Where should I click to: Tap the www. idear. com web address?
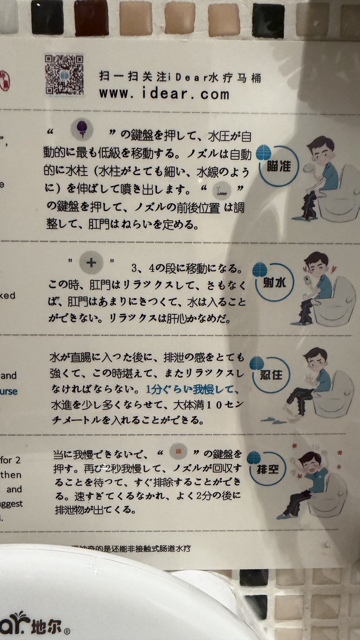click(x=164, y=94)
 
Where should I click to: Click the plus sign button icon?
click(x=90, y=262)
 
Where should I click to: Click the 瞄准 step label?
click(x=277, y=166)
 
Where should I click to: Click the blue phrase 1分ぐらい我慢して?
click(x=188, y=388)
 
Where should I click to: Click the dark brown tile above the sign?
click(x=92, y=15)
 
